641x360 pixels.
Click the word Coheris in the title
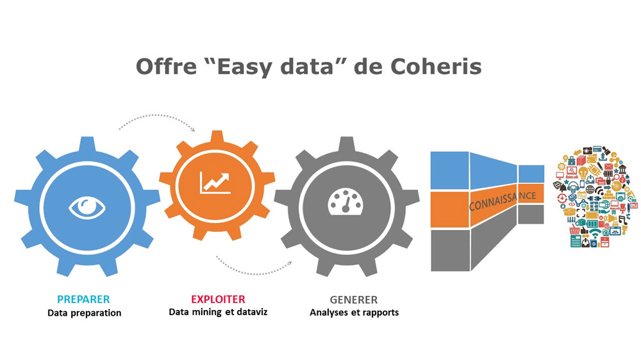(436, 66)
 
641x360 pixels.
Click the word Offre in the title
(166, 66)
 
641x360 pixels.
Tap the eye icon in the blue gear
(87, 208)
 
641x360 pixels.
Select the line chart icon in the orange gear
(215, 183)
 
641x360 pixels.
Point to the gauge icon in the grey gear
(346, 201)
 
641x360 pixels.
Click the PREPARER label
(83, 299)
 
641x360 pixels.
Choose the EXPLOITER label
(218, 299)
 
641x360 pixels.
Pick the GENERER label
(354, 300)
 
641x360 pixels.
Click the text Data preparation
(84, 313)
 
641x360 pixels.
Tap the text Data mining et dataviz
(218, 312)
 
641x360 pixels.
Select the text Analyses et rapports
(354, 313)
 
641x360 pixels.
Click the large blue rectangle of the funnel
(450, 170)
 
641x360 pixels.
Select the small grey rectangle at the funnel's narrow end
(531, 214)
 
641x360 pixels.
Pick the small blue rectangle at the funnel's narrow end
(531, 174)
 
